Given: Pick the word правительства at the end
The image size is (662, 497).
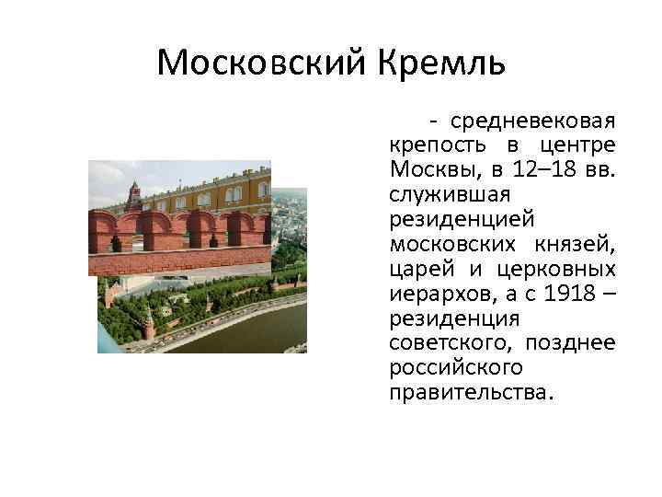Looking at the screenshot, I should [471, 393].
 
